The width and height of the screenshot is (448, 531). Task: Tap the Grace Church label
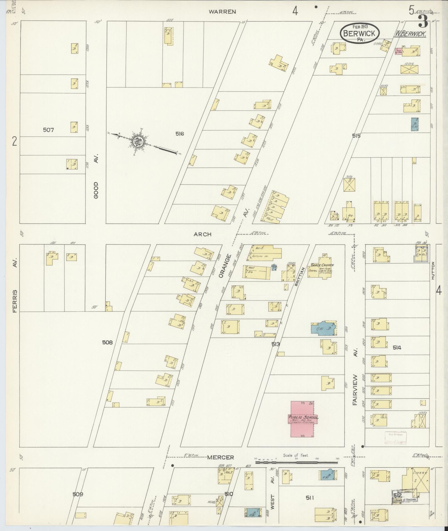pos(322,265)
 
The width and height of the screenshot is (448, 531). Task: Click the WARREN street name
pos(222,12)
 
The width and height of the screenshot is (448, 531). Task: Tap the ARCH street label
pos(202,234)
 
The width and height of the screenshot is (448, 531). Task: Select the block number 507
pos(48,130)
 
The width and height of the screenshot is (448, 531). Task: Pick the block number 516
pos(180,134)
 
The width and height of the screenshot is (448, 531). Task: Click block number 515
pos(356,136)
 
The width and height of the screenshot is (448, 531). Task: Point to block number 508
pos(107,343)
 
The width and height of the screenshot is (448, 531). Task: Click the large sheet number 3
pos(423,21)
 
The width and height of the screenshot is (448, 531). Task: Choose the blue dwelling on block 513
pos(324,328)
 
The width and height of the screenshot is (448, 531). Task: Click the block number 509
pos(78,494)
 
